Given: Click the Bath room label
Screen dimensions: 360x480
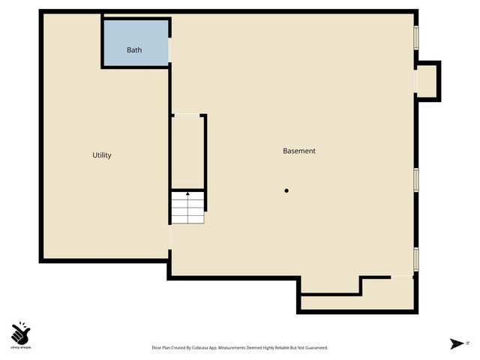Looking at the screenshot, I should point(134,50).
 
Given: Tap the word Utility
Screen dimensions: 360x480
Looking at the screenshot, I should point(102,155).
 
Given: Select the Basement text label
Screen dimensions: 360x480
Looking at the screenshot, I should point(299,151).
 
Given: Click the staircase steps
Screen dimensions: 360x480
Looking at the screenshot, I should point(187,210).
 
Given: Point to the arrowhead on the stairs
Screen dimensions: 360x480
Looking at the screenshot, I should point(187,193).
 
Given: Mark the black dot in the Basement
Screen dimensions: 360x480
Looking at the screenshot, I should point(286,190).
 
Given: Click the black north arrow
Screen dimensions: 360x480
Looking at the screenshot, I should point(456,343).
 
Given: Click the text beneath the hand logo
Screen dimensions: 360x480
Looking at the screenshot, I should point(20,348).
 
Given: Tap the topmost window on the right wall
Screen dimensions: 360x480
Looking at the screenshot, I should point(417,38).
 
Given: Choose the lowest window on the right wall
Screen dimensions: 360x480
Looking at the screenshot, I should point(417,258).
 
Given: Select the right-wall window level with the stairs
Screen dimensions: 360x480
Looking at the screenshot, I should point(417,180).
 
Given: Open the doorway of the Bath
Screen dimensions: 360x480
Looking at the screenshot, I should point(170,49).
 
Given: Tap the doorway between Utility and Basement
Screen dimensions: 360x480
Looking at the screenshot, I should point(170,236).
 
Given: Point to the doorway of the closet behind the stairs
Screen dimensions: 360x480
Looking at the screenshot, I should point(187,115).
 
